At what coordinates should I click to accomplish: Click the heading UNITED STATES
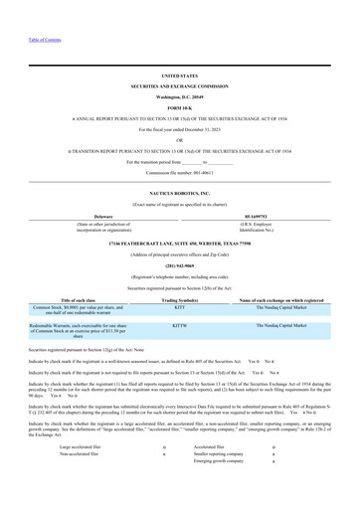(179, 76)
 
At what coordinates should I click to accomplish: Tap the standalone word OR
(179, 139)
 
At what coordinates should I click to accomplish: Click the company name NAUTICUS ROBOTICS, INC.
(179, 193)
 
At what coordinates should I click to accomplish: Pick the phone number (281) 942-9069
(179, 264)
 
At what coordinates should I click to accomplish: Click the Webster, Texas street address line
(179, 243)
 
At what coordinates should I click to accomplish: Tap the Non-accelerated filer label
(82, 456)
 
